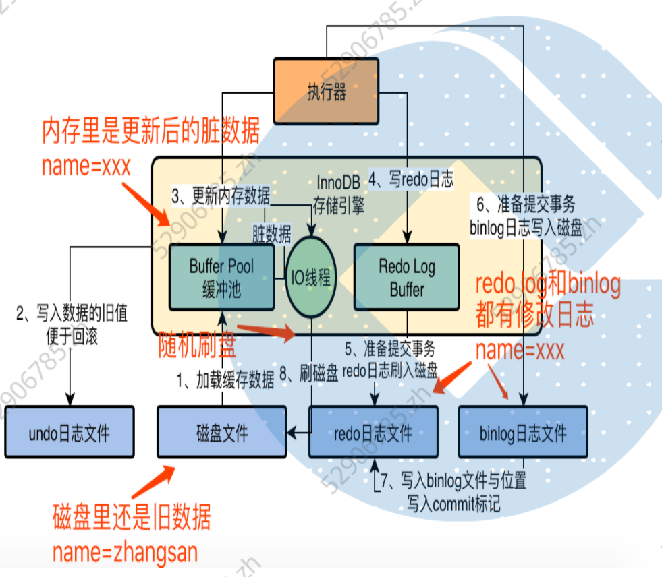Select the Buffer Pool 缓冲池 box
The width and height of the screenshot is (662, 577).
(221, 277)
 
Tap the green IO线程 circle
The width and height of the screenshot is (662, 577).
(310, 277)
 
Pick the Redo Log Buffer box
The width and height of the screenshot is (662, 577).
(406, 277)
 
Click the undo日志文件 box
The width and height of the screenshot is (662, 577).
(69, 432)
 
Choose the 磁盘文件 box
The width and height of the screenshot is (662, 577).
(221, 432)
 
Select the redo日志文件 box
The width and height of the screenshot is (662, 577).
(373, 432)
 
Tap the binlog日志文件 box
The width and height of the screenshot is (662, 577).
(523, 432)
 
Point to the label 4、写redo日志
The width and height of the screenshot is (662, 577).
(410, 179)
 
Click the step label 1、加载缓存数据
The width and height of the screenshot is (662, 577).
(225, 380)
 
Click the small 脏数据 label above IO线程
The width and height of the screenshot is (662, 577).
(272, 234)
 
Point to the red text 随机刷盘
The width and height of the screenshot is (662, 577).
(197, 346)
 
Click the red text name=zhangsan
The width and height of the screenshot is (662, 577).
(126, 553)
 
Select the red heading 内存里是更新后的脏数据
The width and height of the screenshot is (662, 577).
(150, 131)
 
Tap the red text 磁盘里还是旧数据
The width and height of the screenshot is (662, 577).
(132, 518)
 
